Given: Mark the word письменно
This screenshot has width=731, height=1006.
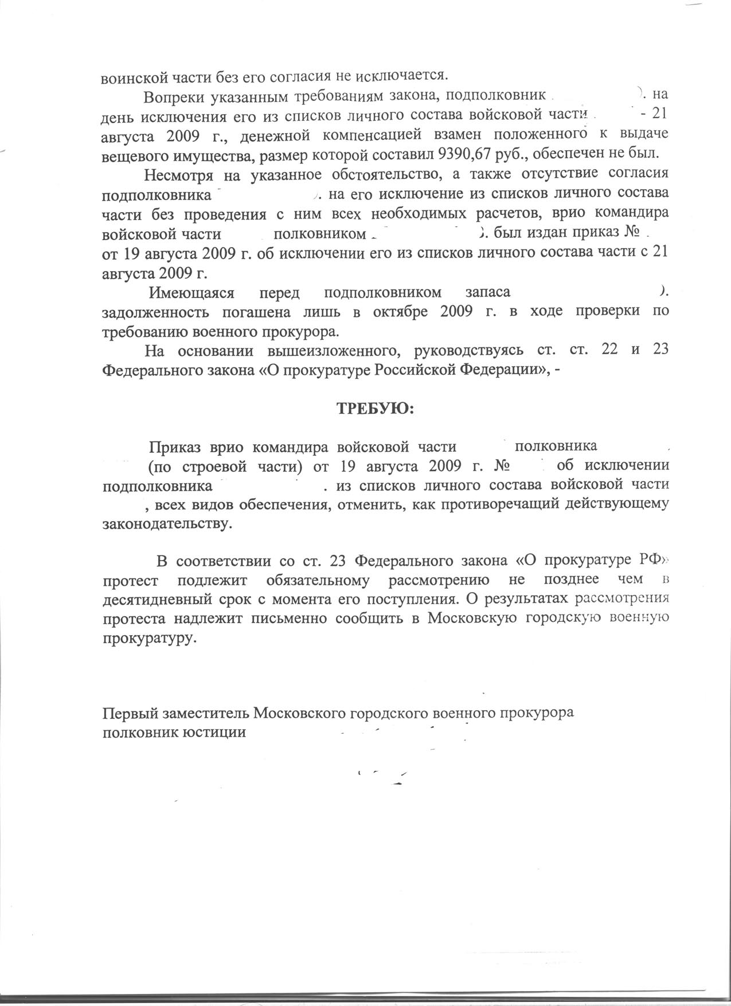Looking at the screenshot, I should click(x=285, y=619).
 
